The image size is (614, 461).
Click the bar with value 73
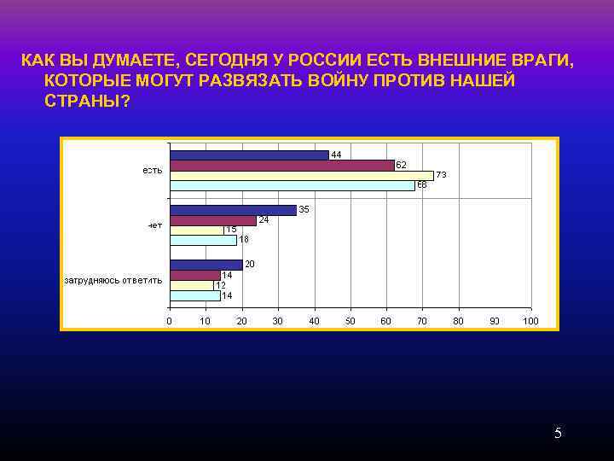tap(301, 175)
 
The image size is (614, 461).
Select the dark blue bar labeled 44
tap(248, 155)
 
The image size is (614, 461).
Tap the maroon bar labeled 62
tap(281, 165)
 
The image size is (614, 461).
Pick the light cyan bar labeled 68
tap(292, 185)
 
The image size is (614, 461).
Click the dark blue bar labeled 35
tap(232, 210)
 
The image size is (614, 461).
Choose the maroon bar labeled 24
tap(212, 220)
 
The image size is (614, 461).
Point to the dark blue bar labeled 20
tap(206, 265)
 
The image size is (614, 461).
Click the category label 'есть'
tap(152, 171)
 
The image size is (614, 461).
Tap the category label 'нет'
tap(154, 225)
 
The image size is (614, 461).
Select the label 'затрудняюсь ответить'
tap(113, 279)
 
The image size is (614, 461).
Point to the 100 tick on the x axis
tap(530, 321)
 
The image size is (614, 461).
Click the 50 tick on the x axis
tap(350, 321)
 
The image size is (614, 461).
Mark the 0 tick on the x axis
tap(169, 321)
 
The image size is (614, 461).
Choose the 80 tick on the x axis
tap(458, 321)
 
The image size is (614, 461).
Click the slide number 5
tap(558, 434)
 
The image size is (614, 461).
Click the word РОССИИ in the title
tap(325, 61)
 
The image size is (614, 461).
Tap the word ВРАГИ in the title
tap(539, 61)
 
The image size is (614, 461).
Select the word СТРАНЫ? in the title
tap(84, 100)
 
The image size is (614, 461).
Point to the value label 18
tap(244, 240)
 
